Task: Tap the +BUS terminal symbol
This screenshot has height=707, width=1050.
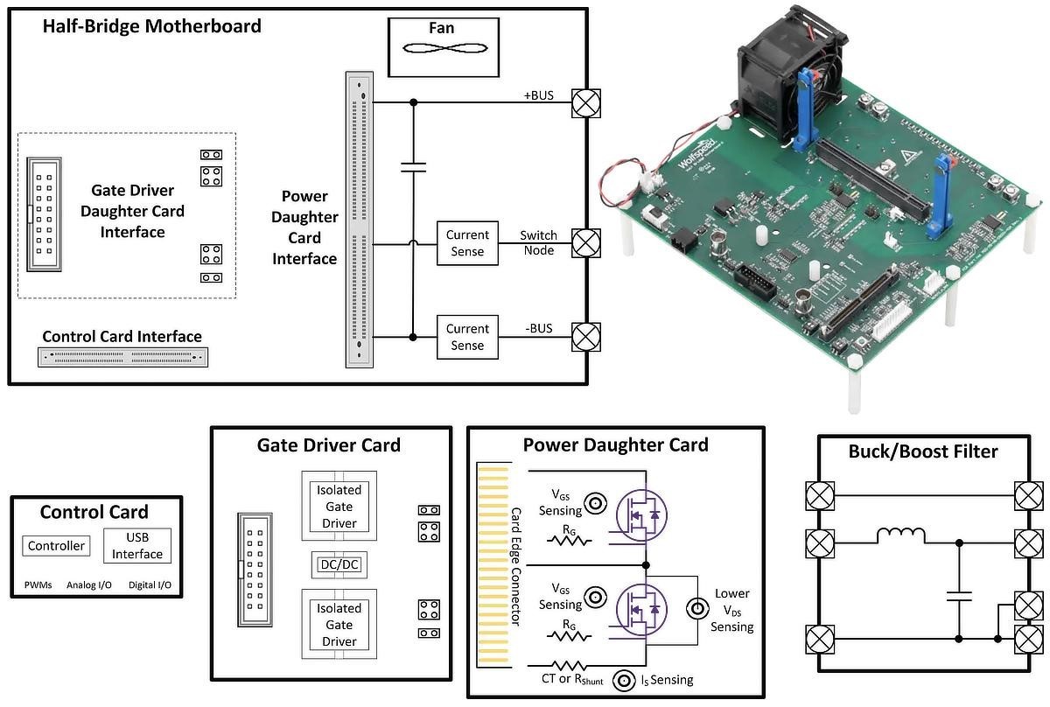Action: point(585,102)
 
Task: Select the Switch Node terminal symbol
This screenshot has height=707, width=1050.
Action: point(585,242)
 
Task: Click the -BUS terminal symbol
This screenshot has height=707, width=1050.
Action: point(585,336)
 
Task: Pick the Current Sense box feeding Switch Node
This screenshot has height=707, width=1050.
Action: point(467,243)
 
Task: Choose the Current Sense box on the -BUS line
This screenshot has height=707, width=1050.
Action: point(467,337)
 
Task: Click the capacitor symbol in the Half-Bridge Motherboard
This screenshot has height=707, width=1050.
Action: point(413,166)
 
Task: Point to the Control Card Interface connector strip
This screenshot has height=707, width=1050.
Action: point(123,357)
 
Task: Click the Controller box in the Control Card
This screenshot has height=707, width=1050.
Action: point(57,546)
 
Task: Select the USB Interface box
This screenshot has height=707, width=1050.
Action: point(137,545)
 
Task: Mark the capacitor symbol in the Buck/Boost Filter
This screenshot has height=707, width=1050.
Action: point(959,597)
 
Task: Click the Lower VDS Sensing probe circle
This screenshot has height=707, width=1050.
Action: point(697,607)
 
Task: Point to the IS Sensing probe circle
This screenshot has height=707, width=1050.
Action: point(625,680)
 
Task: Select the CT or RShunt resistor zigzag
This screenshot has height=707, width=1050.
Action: point(570,666)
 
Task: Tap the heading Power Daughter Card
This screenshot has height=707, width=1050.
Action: point(615,444)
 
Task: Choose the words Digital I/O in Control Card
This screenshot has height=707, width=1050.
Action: point(150,584)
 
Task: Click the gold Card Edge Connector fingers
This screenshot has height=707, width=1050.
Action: point(492,565)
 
